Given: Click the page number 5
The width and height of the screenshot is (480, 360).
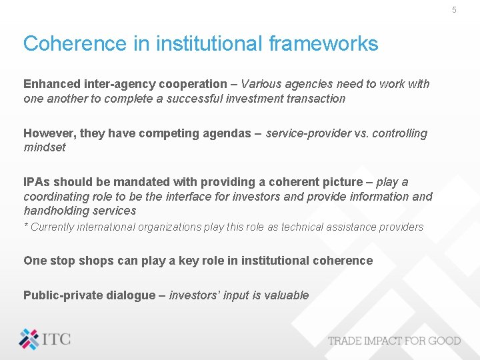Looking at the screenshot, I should (454, 10).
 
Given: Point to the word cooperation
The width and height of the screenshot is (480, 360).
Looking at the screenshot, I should (194, 84).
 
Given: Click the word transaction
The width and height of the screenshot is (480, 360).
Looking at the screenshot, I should (316, 99).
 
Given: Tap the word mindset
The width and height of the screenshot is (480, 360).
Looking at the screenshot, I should (45, 147).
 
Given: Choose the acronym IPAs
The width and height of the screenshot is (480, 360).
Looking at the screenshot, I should (37, 182).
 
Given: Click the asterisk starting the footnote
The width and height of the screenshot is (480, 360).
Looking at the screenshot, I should (26, 226).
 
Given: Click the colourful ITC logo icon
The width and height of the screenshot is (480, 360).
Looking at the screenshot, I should (29, 339).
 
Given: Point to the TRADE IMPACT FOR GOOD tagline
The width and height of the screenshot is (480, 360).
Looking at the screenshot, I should (394, 341).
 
